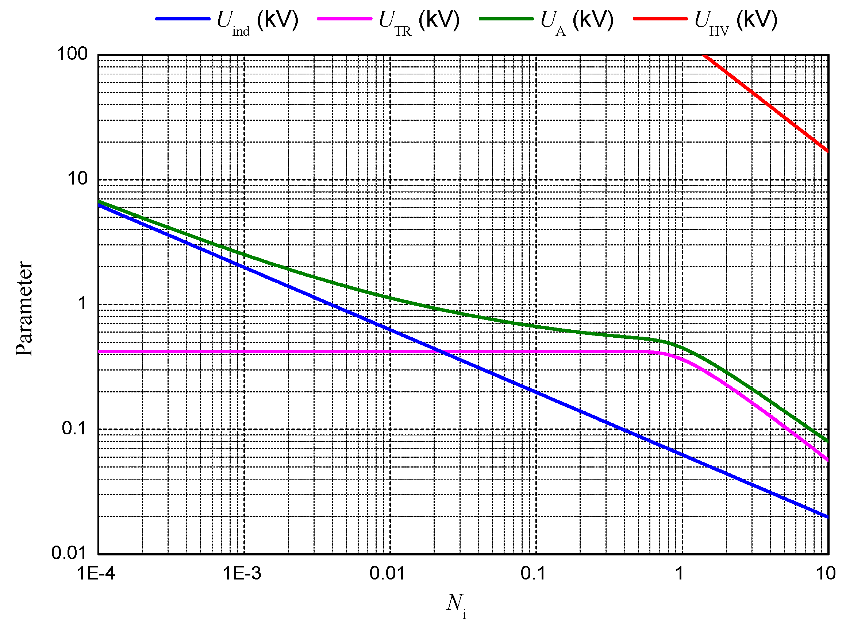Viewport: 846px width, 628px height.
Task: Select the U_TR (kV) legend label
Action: [419, 21]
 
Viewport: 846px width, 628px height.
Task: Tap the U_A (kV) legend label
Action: [577, 21]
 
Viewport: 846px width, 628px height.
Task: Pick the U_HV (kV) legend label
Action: [736, 21]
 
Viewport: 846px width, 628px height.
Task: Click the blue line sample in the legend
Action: [182, 19]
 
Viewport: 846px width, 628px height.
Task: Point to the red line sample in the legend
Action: [660, 19]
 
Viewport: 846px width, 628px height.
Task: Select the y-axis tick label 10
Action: [77, 178]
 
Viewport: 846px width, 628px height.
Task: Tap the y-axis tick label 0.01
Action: [69, 553]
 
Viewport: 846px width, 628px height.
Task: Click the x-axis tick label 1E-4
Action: [96, 573]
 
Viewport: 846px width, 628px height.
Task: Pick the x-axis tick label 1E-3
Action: [242, 573]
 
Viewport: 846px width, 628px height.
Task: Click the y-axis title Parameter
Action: [24, 308]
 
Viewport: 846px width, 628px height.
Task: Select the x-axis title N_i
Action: [456, 604]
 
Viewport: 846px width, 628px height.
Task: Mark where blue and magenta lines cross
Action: [442, 352]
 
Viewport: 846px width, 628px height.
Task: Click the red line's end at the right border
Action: [827, 151]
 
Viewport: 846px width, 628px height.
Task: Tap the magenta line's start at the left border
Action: [100, 352]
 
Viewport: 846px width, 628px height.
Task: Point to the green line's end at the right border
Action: [827, 441]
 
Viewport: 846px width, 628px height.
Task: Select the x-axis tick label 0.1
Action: [533, 573]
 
